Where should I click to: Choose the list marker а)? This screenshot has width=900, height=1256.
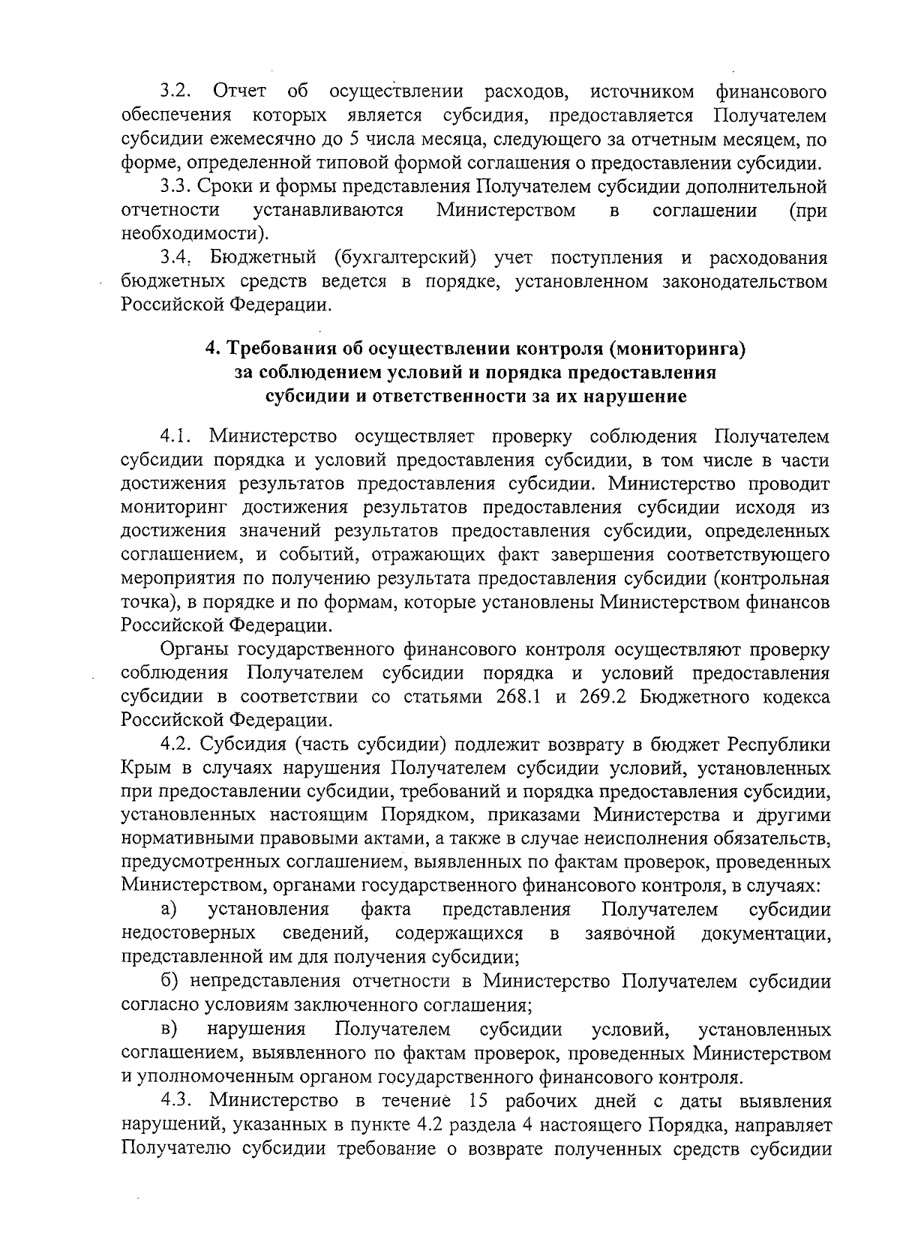click(169, 910)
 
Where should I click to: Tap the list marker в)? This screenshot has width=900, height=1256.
click(168, 1029)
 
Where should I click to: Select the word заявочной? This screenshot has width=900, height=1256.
click(629, 934)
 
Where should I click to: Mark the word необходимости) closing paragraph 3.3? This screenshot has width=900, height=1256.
click(194, 234)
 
